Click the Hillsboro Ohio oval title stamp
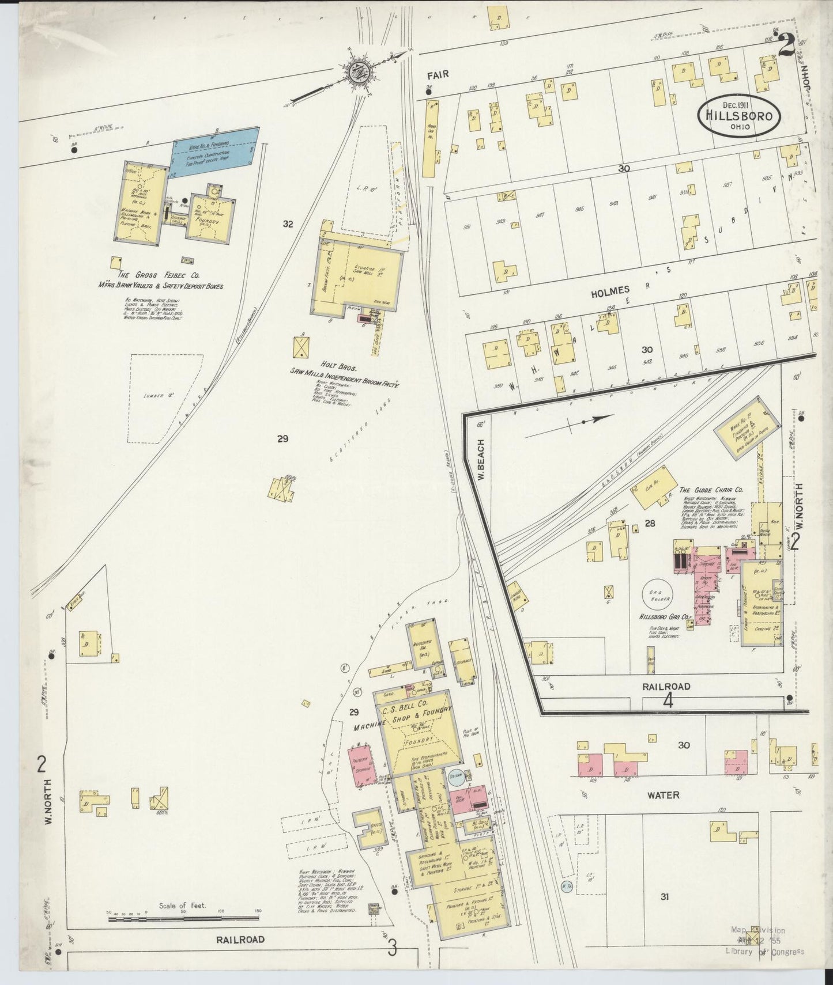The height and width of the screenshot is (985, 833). coord(740,116)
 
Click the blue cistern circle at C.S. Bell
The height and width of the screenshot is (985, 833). coord(457,778)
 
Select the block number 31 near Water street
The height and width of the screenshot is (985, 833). coord(665,896)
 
